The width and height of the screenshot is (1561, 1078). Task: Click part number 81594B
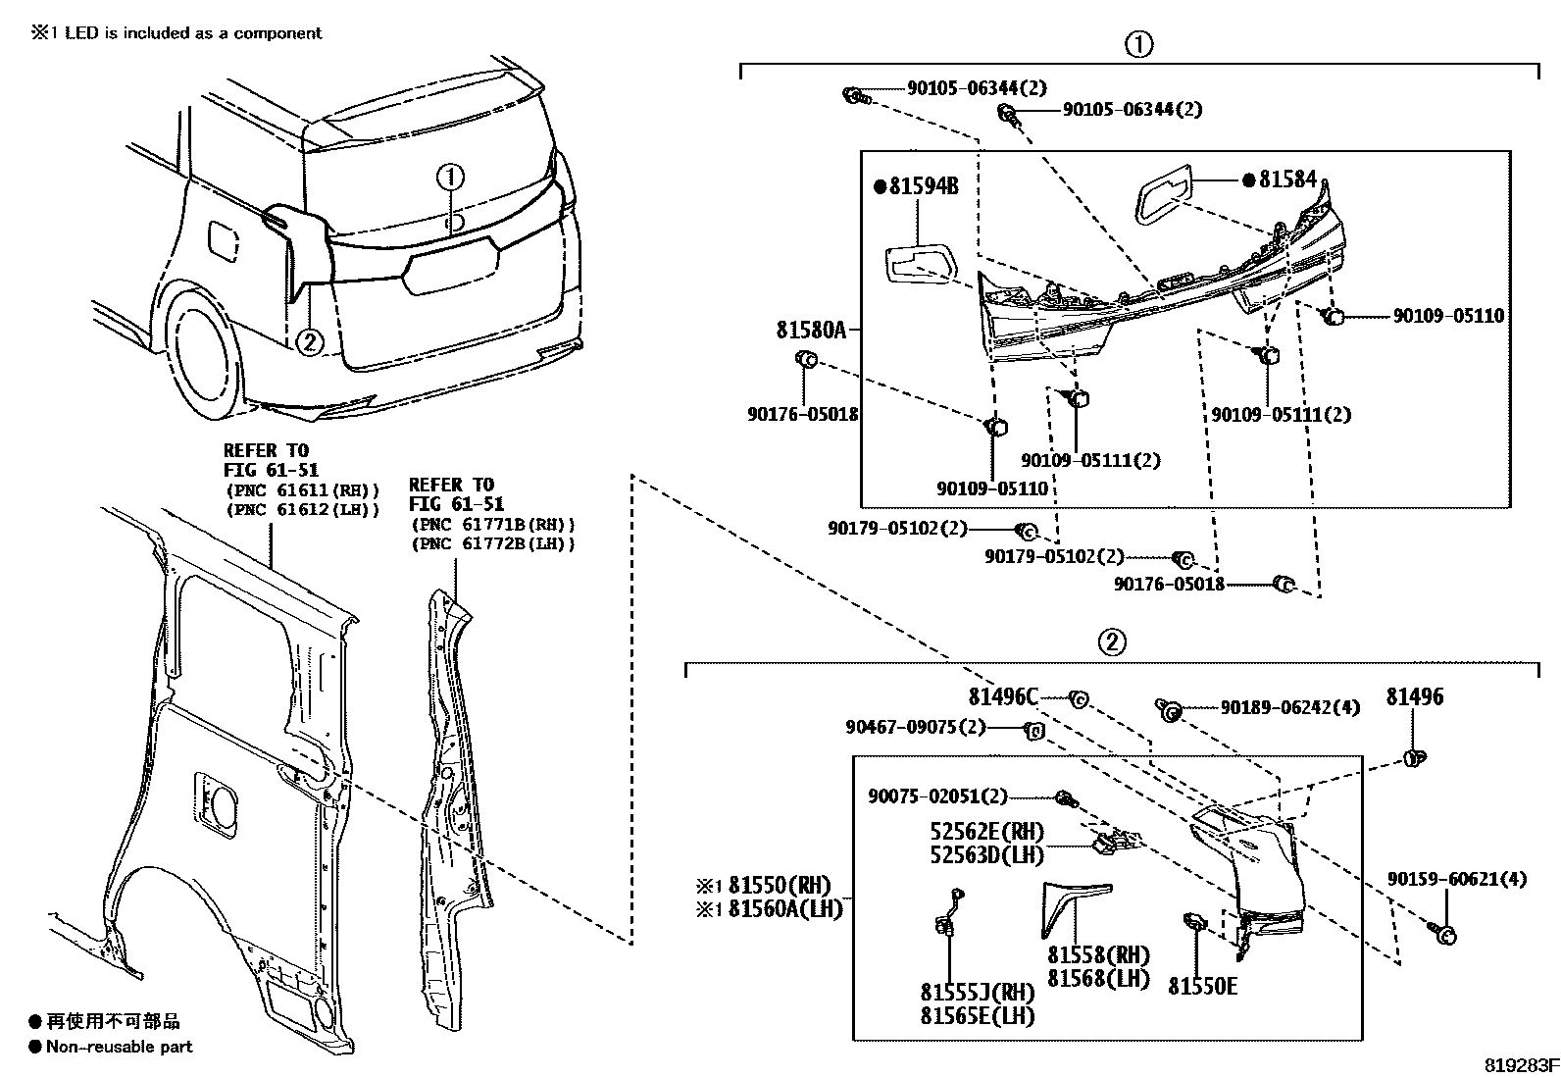921,185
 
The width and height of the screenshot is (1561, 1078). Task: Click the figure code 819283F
1519,1064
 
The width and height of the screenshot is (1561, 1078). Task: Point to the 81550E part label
1202,986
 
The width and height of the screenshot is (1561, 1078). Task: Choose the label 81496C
1002,697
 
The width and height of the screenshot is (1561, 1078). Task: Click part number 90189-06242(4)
1289,707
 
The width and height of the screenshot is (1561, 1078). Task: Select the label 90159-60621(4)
1456,880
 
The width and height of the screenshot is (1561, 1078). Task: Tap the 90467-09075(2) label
916,728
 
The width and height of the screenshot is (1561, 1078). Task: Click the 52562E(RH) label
987,832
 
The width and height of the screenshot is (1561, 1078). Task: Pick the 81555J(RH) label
978,992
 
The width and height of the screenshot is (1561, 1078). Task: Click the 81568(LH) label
1098,978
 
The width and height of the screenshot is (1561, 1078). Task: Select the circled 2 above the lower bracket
1111,642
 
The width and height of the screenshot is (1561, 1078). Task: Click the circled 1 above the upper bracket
1138,44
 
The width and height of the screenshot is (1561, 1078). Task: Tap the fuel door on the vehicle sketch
224,240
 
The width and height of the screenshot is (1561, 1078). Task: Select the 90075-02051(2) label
937,797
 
